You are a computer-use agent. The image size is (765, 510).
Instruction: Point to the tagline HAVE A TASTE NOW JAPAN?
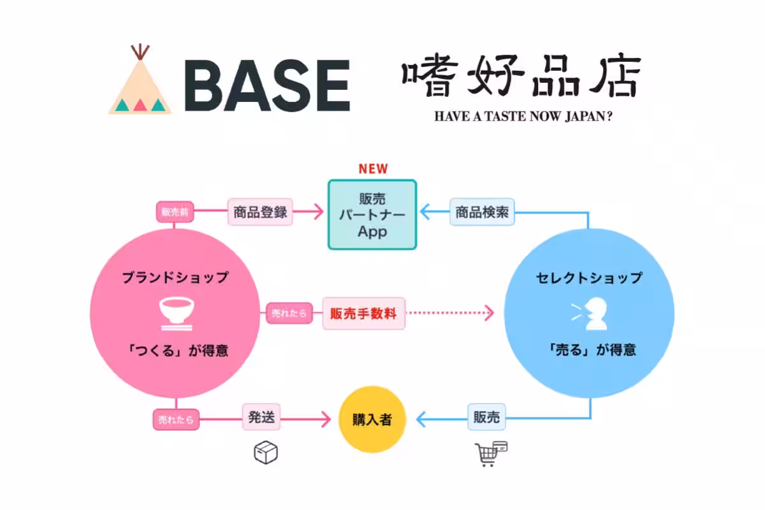(x=523, y=118)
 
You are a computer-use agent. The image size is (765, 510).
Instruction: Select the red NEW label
(x=373, y=169)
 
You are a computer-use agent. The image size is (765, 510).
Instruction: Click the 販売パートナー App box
(x=372, y=214)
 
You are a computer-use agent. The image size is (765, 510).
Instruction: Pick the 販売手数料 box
(x=363, y=313)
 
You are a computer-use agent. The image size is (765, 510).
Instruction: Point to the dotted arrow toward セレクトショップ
(x=451, y=313)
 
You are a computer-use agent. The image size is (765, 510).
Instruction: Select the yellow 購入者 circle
(x=372, y=420)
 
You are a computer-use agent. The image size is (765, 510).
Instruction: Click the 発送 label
(x=261, y=419)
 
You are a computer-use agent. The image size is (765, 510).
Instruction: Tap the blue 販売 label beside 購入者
(x=487, y=419)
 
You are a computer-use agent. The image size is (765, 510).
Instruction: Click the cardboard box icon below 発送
(x=266, y=453)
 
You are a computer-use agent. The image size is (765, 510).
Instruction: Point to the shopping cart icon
(x=491, y=454)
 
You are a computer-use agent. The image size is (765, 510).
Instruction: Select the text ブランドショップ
(x=175, y=277)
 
